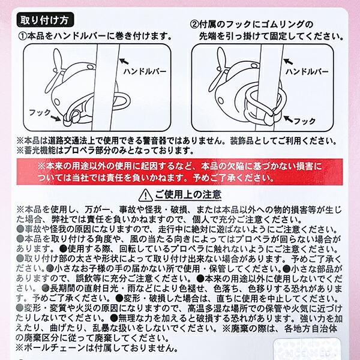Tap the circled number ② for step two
tap(196, 24)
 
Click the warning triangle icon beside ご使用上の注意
tap(145, 195)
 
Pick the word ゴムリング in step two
tap(283, 24)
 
